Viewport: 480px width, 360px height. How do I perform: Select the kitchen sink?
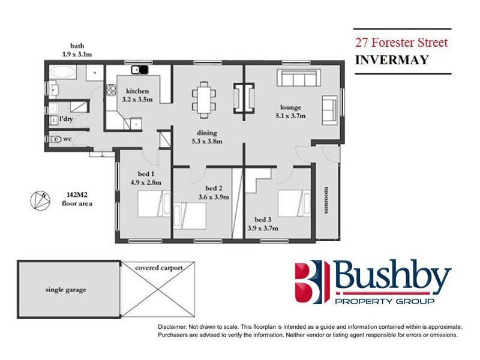(x=140, y=70)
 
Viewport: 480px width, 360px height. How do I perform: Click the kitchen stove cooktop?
(x=110, y=92)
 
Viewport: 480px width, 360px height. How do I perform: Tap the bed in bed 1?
(x=150, y=204)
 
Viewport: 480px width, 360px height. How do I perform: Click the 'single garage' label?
(x=66, y=290)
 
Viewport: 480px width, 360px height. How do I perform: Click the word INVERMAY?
(x=385, y=60)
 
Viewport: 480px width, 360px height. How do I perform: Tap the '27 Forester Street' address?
(x=401, y=43)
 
